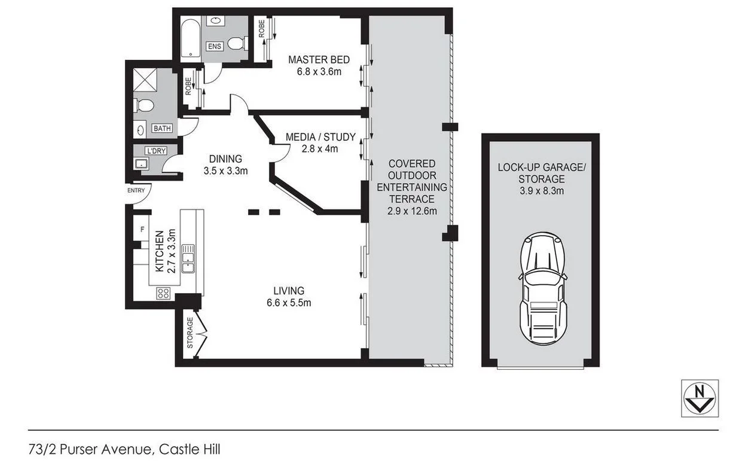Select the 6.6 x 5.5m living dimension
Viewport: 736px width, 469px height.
coord(289,303)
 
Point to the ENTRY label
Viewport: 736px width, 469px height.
coord(136,190)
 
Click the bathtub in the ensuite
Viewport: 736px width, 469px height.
coord(189,39)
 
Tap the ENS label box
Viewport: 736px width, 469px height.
coord(215,46)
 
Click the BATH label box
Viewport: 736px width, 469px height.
coord(161,129)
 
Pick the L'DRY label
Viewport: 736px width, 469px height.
coord(156,151)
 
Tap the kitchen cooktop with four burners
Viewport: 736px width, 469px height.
coord(163,293)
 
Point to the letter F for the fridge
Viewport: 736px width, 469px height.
coord(142,229)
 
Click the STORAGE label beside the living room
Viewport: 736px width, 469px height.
coord(190,333)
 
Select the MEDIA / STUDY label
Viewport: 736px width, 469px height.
coord(320,137)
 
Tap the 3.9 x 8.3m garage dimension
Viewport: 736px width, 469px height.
coord(541,191)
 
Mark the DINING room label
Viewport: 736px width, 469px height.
coord(225,159)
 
